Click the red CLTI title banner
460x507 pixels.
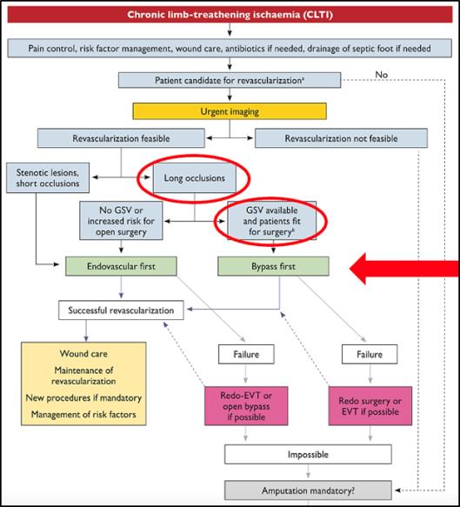(x=230, y=15)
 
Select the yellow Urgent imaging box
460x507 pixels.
(x=230, y=111)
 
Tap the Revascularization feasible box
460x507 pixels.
(x=121, y=138)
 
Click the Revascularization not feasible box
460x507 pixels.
(x=341, y=138)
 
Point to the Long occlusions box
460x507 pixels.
(x=194, y=177)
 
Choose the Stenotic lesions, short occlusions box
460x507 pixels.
(x=48, y=177)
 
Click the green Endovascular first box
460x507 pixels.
(x=121, y=266)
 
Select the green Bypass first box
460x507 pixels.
(x=273, y=266)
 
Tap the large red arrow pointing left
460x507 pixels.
(x=404, y=269)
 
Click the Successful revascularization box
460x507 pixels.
(x=121, y=310)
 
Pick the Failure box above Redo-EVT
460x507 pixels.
(x=246, y=355)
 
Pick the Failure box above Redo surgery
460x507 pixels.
(x=370, y=355)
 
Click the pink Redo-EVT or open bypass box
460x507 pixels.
(x=246, y=406)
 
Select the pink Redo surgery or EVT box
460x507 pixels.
(x=370, y=406)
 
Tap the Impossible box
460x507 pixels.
(x=308, y=454)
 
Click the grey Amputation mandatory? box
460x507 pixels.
(x=308, y=490)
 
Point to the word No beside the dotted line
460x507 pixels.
(x=382, y=75)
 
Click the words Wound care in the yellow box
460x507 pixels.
(x=83, y=353)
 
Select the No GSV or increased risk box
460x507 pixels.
(x=121, y=221)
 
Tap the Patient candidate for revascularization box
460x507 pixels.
(x=230, y=80)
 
